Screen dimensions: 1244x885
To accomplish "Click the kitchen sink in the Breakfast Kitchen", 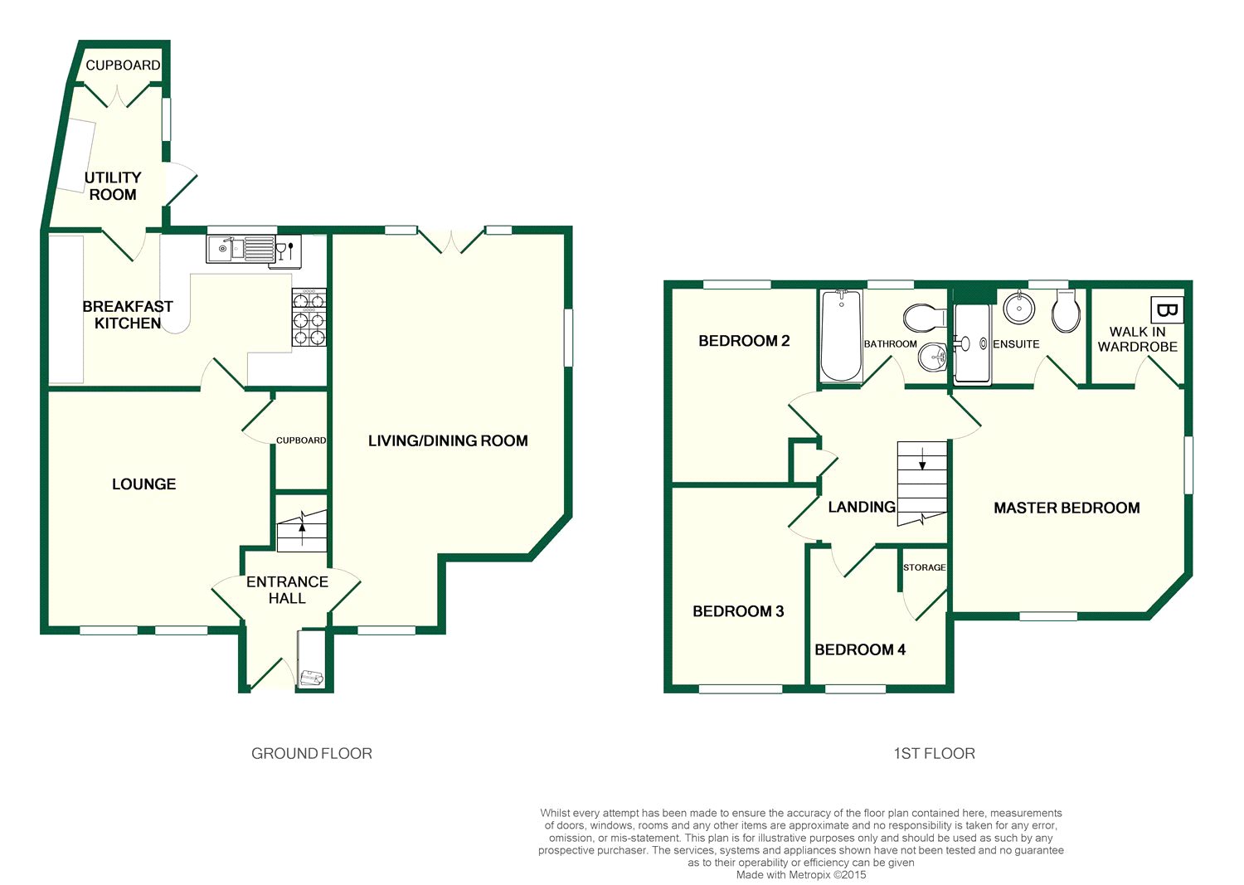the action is (241, 248).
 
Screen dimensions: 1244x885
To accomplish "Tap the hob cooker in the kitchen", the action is (309, 317).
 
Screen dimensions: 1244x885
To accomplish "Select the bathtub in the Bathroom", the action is (842, 336).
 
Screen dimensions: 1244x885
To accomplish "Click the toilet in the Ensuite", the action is (1066, 311).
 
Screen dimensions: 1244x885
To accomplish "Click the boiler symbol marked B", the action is (1167, 310).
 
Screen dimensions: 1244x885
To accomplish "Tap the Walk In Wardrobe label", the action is (1137, 339).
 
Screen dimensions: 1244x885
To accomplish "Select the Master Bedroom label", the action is (1067, 508).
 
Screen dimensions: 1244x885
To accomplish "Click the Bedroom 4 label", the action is (860, 649).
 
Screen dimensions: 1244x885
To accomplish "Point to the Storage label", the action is (924, 567).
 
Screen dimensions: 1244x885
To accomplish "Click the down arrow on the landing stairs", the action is (922, 459).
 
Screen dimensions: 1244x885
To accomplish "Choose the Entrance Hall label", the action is (287, 590).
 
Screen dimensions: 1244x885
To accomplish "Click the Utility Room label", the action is (113, 186).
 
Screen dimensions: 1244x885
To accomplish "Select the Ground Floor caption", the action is (312, 753).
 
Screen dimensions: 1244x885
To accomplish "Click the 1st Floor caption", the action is (934, 753).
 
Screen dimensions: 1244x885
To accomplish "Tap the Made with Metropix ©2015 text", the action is (801, 875).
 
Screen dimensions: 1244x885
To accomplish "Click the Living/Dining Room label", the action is (448, 441).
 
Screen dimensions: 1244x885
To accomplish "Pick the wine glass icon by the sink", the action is (280, 250).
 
